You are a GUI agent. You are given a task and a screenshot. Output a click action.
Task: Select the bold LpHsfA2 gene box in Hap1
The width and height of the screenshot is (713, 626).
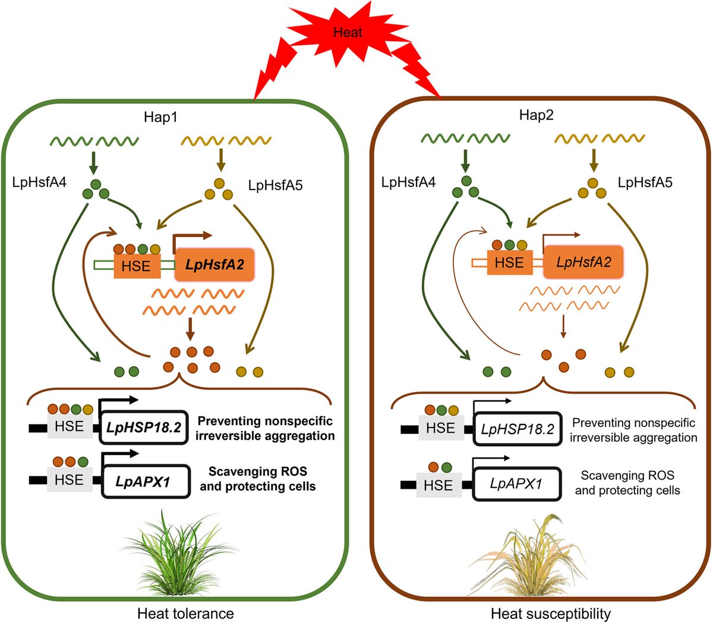[x=214, y=265]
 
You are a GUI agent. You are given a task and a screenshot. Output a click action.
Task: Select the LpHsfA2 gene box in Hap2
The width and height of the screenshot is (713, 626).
[x=583, y=262]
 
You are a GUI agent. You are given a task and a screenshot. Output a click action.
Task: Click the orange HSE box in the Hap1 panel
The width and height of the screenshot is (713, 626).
[x=136, y=266]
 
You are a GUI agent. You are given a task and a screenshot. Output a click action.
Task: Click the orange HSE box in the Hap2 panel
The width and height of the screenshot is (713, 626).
[x=509, y=262]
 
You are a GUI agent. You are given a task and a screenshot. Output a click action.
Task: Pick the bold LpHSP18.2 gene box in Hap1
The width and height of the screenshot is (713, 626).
[x=143, y=427]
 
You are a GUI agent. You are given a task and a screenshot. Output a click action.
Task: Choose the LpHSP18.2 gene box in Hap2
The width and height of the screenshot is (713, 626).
[x=518, y=429]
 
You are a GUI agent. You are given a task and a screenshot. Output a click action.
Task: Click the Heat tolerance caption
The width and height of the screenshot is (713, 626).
[x=185, y=613]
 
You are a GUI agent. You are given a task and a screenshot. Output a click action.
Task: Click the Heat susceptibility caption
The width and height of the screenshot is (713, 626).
[x=551, y=613]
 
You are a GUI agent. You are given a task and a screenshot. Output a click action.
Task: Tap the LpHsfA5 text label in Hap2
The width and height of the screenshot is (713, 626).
[x=645, y=183]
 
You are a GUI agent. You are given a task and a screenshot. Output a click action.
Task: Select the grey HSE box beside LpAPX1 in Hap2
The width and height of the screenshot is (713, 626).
[x=438, y=485]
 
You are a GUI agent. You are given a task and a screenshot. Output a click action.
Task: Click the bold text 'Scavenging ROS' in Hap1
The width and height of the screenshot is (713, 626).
[x=258, y=472]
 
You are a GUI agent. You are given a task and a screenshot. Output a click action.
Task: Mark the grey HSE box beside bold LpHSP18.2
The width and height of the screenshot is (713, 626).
[x=69, y=426]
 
